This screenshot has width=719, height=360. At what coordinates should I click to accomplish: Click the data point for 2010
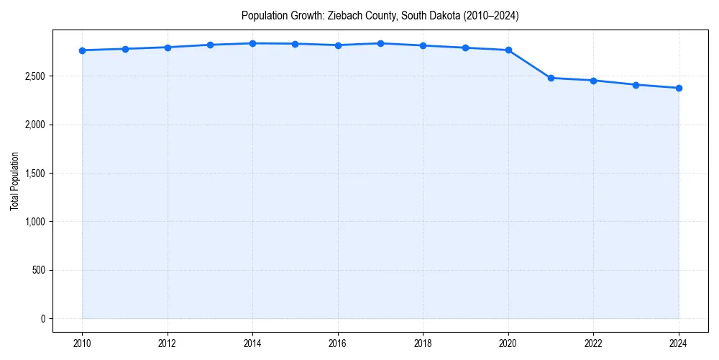point(83,50)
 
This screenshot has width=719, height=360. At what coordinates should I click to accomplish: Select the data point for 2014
point(253,43)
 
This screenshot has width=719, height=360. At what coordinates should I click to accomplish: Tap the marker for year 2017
point(380,43)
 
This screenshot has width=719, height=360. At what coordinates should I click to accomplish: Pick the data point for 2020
point(508,50)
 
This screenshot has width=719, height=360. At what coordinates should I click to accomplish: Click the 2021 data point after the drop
point(551,78)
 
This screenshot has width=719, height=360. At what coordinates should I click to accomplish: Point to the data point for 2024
point(679,88)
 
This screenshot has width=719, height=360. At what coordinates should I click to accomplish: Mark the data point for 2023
point(636,85)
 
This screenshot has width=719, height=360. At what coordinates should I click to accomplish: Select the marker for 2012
point(168,48)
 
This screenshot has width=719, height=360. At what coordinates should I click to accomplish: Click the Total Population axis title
point(14,181)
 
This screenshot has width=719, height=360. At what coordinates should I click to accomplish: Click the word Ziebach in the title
point(342,15)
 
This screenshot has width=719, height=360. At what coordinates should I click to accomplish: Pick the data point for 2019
point(466,48)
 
